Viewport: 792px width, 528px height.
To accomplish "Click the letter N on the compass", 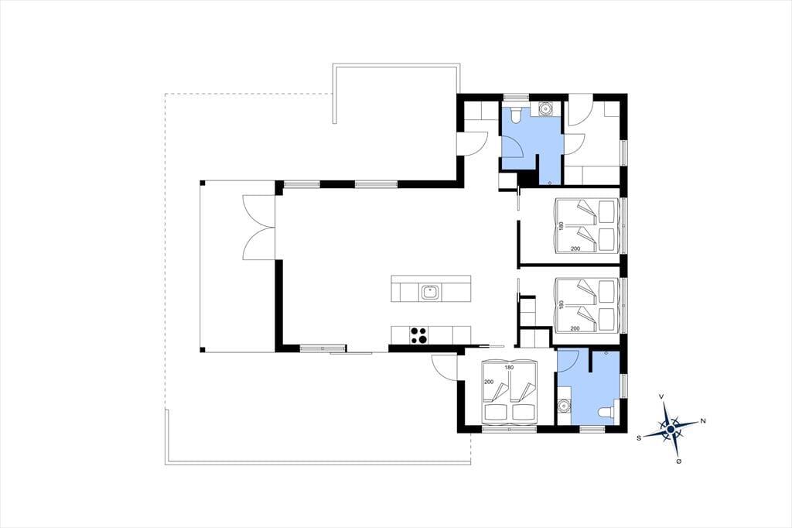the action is (702, 421).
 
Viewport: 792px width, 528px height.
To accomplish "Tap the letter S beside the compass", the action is (638, 438).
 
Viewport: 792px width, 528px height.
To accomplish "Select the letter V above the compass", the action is (662, 397).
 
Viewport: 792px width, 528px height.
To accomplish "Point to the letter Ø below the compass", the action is (678, 461).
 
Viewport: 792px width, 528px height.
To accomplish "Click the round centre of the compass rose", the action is (671, 430).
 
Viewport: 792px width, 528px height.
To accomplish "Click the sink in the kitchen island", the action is (430, 293).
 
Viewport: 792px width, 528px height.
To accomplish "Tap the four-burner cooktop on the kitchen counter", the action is (418, 335).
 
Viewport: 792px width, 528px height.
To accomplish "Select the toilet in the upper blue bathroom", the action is (516, 115).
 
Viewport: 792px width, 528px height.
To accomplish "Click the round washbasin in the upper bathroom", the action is (546, 108).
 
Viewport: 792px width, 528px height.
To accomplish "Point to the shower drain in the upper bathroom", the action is (550, 182).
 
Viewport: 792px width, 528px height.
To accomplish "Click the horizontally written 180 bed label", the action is (509, 368).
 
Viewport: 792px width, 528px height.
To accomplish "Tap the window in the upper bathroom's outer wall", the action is (516, 96).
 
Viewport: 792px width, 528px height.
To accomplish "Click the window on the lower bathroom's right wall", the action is (624, 386).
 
